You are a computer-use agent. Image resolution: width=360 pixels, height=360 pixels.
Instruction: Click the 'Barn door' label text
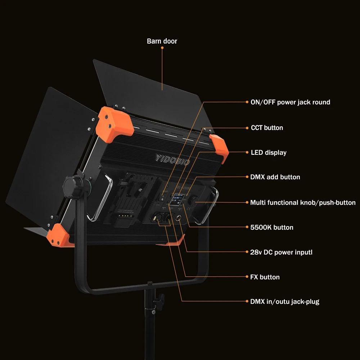(x=162, y=41)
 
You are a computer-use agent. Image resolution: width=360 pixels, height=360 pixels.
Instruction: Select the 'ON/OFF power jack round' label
(x=290, y=102)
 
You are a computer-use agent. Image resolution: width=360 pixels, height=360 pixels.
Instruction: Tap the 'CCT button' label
(x=267, y=128)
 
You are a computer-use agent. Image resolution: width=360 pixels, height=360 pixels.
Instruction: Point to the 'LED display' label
(x=268, y=153)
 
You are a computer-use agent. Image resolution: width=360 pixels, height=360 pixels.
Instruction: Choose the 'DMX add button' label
(x=275, y=177)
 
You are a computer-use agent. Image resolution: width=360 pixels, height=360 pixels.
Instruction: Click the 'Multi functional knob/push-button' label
(x=303, y=203)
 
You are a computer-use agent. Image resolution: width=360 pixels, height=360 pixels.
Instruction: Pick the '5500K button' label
(x=271, y=228)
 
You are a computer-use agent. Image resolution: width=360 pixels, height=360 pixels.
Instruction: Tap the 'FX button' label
(x=265, y=277)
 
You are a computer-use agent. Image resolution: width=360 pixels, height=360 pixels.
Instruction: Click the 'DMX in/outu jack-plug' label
(x=284, y=302)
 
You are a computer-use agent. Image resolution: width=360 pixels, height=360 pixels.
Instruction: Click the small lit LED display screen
(x=177, y=200)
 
